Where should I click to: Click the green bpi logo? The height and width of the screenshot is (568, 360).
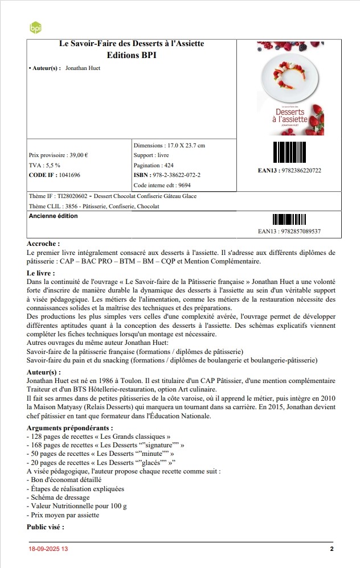(x=35, y=27)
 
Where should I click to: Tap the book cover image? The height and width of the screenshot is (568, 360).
(x=290, y=88)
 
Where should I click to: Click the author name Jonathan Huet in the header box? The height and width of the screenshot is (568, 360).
(x=83, y=68)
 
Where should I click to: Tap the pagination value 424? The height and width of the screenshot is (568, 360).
(x=169, y=165)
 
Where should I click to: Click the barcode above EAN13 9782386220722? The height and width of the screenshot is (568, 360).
(x=289, y=151)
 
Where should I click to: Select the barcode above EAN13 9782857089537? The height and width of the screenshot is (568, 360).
(x=289, y=219)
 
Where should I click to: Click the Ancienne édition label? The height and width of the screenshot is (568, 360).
(x=53, y=216)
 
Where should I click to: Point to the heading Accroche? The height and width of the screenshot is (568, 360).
(x=43, y=244)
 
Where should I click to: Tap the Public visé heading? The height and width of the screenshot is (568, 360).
(x=46, y=526)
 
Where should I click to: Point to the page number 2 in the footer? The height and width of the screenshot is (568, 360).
(x=332, y=549)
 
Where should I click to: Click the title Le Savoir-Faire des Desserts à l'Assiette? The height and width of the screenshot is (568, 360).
(x=132, y=44)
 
